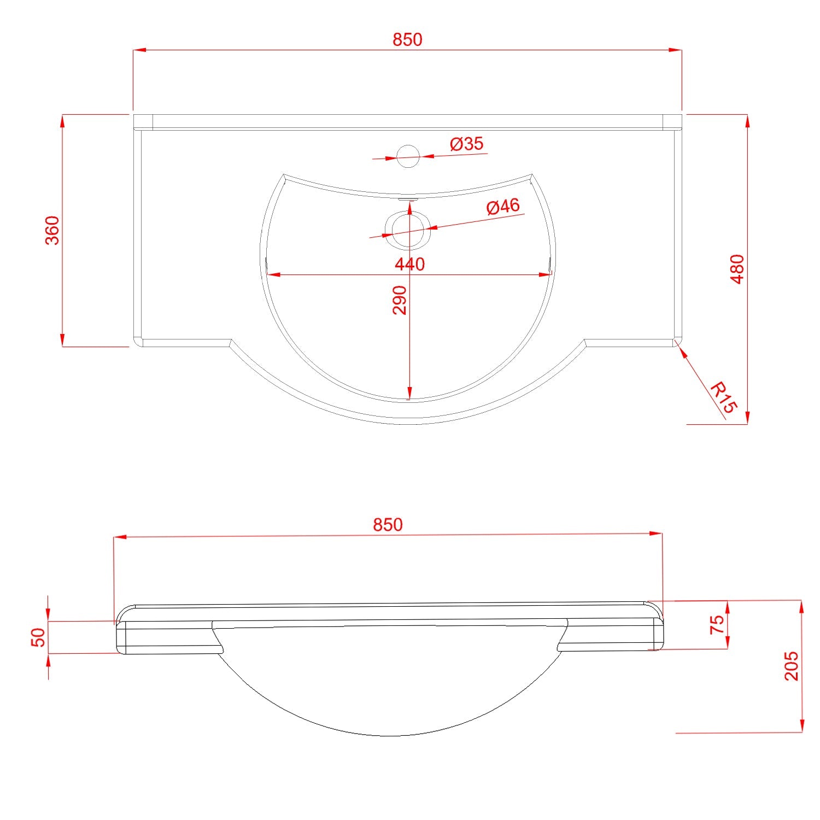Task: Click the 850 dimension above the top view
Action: pos(408,40)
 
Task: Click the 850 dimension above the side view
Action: pos(388,525)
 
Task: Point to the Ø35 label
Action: pos(467,144)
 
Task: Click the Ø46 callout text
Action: pos(503,207)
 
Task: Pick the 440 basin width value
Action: pos(410,265)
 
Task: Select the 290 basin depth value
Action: pos(400,300)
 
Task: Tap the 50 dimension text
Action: pos(38,637)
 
